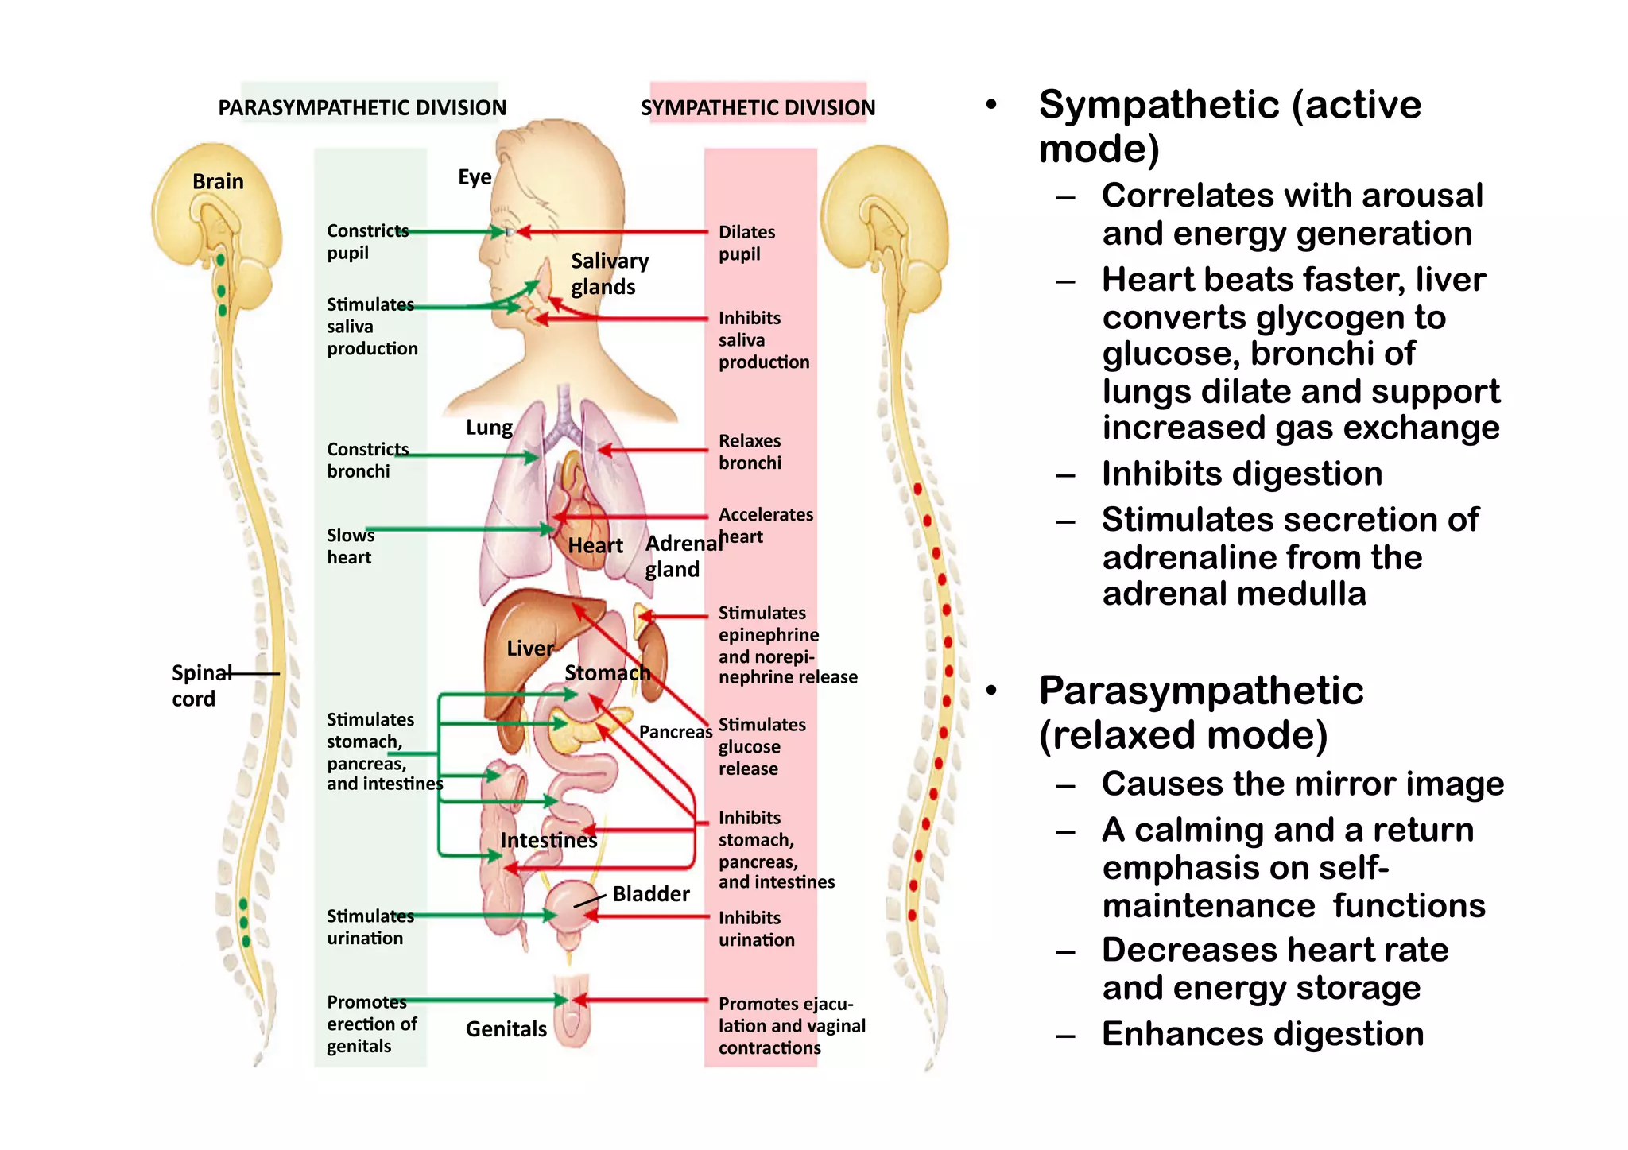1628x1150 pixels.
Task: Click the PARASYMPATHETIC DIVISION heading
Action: [x=362, y=107]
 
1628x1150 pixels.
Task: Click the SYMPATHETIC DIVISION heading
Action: [x=758, y=107]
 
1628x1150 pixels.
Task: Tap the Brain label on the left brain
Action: [x=218, y=181]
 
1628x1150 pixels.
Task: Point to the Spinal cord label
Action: [x=195, y=685]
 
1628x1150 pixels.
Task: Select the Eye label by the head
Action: [x=475, y=176]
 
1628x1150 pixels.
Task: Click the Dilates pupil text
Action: [x=746, y=242]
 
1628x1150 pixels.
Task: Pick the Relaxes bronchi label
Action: [x=750, y=451]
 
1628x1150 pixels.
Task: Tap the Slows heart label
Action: [x=350, y=546]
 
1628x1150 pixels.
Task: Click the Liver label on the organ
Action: [x=529, y=648]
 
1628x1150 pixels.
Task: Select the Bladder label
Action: [x=651, y=893]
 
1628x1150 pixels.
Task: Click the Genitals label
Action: [x=506, y=1028]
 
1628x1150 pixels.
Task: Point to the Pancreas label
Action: [x=675, y=731]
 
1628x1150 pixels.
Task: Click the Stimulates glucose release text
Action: [x=761, y=746]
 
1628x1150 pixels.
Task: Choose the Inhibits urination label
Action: [x=755, y=928]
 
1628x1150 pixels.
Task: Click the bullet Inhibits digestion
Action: [x=1241, y=474]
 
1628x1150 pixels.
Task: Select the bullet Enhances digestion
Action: [x=1262, y=1034]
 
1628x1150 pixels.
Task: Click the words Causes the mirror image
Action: [x=1302, y=784]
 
